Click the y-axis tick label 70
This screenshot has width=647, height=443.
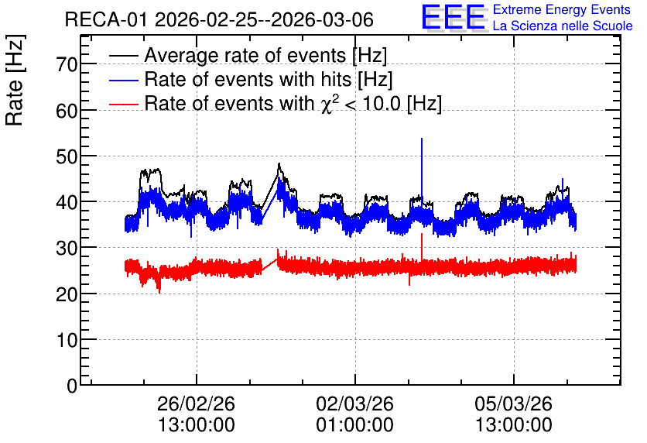(x=67, y=64)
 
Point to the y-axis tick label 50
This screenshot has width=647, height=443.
(x=67, y=156)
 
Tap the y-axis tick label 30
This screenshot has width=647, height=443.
(x=67, y=248)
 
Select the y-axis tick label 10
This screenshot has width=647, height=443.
(x=67, y=340)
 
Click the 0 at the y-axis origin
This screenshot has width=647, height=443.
(x=72, y=386)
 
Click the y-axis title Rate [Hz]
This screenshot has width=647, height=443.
(x=15, y=80)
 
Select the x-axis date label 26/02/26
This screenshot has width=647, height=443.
(x=196, y=404)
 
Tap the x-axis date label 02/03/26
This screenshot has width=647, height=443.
(x=355, y=404)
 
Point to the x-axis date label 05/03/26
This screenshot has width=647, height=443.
(x=513, y=404)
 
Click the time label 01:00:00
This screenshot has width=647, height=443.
(x=355, y=425)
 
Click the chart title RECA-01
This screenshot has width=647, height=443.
(x=106, y=19)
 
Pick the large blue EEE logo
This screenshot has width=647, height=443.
(x=453, y=17)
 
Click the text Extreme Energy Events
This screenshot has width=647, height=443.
(x=562, y=9)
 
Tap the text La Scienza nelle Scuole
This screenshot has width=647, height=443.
(x=563, y=26)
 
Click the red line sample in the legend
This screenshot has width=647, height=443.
(x=123, y=104)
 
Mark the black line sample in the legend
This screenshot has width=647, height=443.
(x=123, y=56)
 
